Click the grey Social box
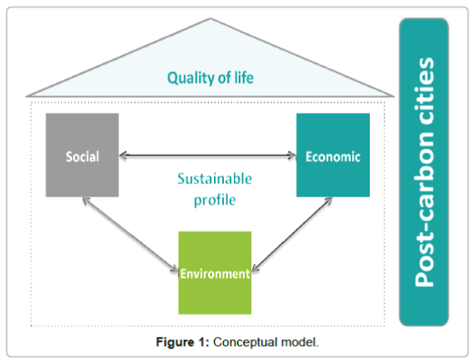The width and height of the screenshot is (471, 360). pos(82,155)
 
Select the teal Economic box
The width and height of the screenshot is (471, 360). pos(333,155)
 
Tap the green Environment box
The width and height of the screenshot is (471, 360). pos(215,273)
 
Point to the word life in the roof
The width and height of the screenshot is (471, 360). pos(244,77)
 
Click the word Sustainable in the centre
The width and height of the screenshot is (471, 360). pos(215,179)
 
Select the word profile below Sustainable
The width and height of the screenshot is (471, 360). pos(215,201)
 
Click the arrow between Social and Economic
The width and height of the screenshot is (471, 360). pos(207,155)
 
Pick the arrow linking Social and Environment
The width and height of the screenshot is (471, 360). pos(130,235)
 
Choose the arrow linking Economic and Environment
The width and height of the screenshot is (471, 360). pos(292,235)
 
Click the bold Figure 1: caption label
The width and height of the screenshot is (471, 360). pos(182,342)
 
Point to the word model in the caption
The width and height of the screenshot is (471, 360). pos(299,342)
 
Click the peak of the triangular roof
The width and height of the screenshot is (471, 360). pos(210,18)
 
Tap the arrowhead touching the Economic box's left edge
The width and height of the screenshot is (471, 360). pos(292,155)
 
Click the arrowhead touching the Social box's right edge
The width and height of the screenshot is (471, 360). pos(124,155)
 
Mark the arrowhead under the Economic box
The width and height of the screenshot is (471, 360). pos(328,201)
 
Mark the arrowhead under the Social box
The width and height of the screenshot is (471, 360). pos(86,201)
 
